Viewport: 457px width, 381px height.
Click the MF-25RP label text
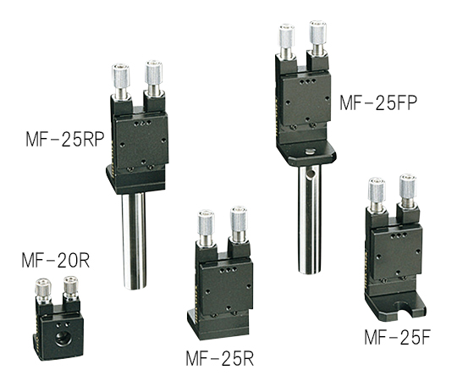coord(65,140)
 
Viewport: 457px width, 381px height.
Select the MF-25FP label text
coord(378,102)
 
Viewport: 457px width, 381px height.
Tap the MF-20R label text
coord(55,260)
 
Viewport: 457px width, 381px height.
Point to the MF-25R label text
coord(220,358)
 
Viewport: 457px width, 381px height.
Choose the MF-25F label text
coord(397,337)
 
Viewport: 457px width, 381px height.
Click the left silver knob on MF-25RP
coord(121,76)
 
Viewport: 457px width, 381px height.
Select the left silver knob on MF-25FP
coord(287,37)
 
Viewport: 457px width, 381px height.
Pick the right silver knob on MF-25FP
coord(317,33)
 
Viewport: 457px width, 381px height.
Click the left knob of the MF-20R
coord(43,287)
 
